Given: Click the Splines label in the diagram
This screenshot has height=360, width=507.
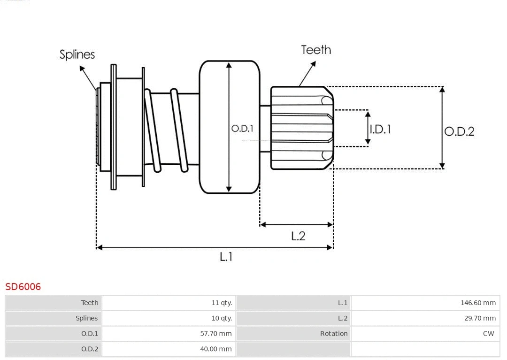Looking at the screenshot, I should click(77, 54).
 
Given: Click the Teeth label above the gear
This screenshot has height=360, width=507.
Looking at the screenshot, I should click(316, 50).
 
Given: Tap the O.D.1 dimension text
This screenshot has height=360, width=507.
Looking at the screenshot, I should click(242, 128).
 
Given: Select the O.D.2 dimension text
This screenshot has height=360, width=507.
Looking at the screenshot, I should click(459, 131).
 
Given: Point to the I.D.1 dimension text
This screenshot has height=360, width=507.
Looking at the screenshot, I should click(380, 129).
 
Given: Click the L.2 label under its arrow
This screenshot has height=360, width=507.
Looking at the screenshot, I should click(298, 236).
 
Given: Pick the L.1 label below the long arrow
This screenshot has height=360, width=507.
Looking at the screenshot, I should click(226, 257).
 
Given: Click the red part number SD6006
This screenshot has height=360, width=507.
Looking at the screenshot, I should click(23, 286).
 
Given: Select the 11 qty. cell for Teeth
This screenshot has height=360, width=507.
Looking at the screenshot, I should click(222, 303).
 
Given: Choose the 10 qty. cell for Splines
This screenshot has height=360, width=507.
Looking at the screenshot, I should click(222, 318).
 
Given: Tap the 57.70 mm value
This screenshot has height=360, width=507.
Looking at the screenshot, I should click(216, 334).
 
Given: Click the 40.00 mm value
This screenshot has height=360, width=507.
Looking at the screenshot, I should click(216, 349).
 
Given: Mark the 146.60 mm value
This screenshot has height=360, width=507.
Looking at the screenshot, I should click(478, 303).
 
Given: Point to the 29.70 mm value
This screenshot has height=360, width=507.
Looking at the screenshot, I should click(480, 318).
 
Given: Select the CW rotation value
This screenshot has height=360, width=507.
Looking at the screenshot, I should click(488, 334).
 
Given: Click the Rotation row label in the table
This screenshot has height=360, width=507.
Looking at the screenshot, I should click(334, 334).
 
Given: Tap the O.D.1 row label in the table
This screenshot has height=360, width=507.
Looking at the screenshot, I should click(90, 334).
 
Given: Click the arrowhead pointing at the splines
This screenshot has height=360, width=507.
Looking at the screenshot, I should click(82, 69).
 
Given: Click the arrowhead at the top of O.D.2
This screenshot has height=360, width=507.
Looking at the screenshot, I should click(442, 89).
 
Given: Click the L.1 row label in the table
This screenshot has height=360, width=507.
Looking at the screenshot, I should click(343, 303).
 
